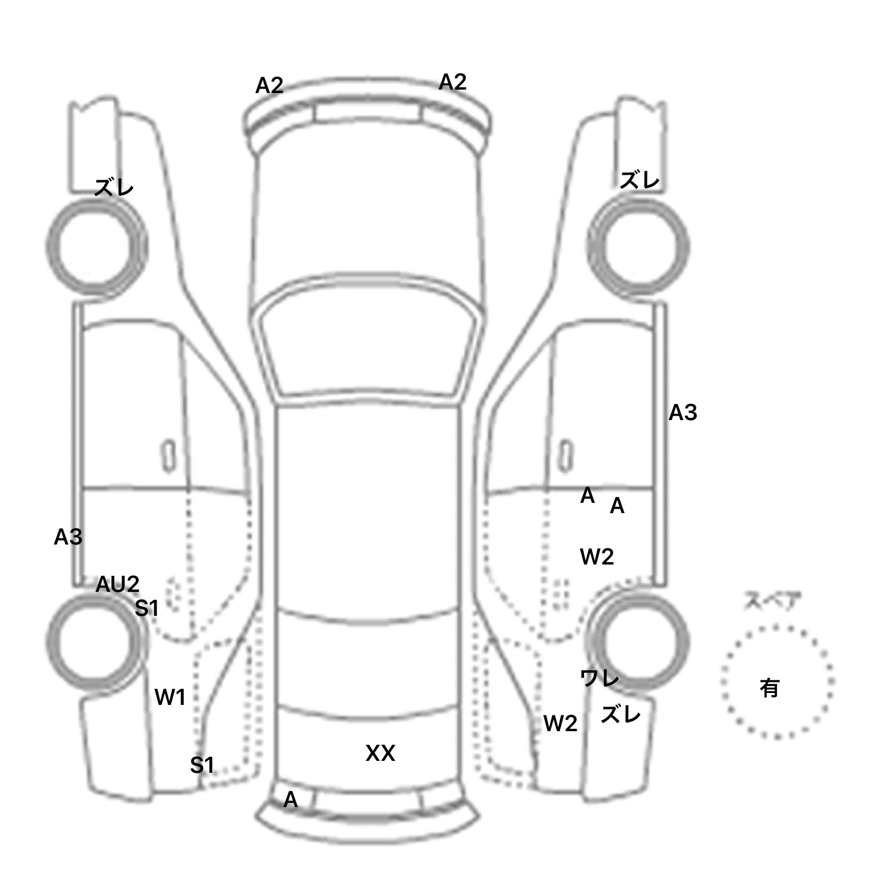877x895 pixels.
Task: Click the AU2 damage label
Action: [x=117, y=584]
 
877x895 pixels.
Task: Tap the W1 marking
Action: [x=170, y=697]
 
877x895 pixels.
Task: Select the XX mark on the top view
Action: [x=380, y=753]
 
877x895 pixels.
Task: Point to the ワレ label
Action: [x=599, y=678]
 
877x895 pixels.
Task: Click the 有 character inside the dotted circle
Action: [x=770, y=688]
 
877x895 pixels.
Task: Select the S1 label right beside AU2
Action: [x=146, y=608]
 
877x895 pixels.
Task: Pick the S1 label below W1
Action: [x=202, y=765]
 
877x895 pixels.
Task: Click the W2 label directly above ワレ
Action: [x=597, y=557]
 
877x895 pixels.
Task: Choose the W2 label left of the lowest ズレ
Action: [x=560, y=724]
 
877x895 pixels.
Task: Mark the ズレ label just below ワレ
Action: [x=621, y=714]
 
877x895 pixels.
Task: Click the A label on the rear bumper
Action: [x=291, y=800]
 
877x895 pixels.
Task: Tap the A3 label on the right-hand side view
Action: [x=683, y=412]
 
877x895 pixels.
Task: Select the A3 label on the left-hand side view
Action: [x=68, y=537]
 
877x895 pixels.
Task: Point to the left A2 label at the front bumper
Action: [x=269, y=86]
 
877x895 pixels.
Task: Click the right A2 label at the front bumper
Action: [x=453, y=82]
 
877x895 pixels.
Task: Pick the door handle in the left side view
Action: [x=168, y=455]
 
